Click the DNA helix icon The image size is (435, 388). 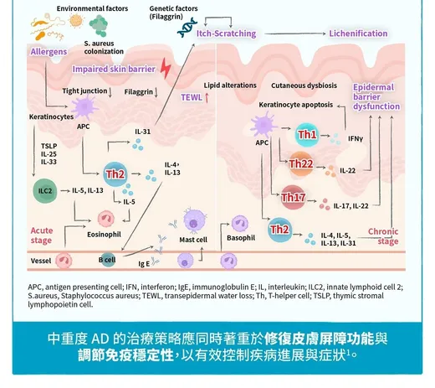[187, 28]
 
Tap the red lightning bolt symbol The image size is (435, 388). [166, 68]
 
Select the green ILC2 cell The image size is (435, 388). [45, 191]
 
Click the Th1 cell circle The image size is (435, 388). [307, 135]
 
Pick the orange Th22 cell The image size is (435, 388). [301, 164]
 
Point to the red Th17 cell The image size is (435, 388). [293, 198]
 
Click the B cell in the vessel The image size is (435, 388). [108, 260]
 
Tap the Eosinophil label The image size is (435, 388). [104, 235]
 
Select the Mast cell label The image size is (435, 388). [193, 240]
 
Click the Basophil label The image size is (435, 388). [241, 238]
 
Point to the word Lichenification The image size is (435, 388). [358, 34]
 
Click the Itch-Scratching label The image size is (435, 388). [226, 34]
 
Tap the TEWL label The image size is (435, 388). [192, 97]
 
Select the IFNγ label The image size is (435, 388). [356, 138]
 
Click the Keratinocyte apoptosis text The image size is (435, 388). [296, 105]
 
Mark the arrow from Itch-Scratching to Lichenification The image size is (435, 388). [295, 34]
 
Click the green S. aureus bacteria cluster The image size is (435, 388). [99, 26]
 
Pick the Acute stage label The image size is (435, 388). [42, 235]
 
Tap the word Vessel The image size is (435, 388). [41, 261]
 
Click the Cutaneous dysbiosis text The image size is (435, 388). [304, 85]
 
